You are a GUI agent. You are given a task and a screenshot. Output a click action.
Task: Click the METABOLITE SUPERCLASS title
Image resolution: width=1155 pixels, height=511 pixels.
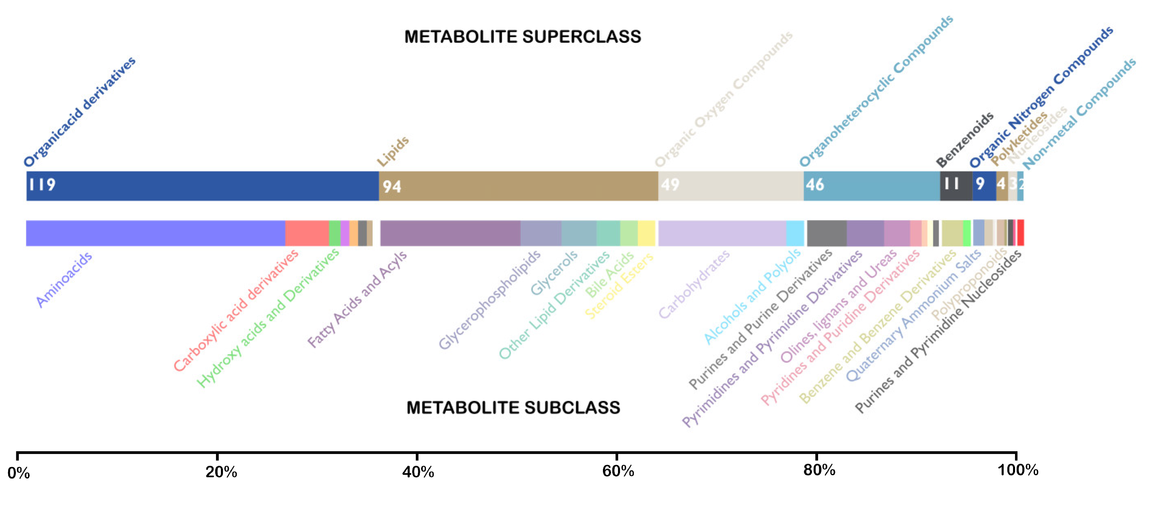tap(522, 37)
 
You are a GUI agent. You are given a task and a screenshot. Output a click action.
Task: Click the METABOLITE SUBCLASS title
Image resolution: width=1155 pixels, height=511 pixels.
tap(513, 407)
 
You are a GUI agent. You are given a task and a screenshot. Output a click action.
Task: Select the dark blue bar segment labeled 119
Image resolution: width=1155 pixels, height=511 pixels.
tap(202, 186)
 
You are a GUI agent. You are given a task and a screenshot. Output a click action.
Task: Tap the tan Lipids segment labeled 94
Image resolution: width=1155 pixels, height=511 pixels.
tap(518, 186)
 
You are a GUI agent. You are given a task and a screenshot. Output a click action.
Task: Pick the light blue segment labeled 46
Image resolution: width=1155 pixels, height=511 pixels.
tap(871, 186)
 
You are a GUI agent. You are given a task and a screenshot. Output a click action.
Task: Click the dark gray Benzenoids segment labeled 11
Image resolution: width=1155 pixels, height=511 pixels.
tap(956, 186)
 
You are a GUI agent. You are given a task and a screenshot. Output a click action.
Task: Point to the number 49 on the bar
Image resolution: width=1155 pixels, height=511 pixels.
tap(670, 185)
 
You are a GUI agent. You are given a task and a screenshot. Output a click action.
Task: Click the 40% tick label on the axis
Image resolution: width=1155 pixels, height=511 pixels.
tap(418, 472)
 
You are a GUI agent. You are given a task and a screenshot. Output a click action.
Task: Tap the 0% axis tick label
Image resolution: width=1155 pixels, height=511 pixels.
tap(18, 473)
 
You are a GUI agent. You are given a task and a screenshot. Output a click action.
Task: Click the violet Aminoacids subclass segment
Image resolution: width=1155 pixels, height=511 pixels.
tap(155, 233)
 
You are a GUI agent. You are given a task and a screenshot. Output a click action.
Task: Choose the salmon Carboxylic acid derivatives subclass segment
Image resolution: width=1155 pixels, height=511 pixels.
tap(307, 233)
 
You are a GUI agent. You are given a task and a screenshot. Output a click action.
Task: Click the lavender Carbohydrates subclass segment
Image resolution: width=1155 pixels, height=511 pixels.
tap(721, 233)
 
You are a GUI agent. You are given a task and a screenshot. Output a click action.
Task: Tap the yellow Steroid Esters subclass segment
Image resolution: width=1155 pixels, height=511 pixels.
tap(646, 233)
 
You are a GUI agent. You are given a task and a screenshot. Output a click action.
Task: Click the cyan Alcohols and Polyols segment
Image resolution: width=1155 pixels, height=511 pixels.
tap(795, 233)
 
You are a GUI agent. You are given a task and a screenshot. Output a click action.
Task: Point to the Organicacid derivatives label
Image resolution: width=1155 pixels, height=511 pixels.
tap(79, 112)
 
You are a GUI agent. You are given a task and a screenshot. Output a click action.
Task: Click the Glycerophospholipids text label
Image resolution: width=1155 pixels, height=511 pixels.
tap(489, 299)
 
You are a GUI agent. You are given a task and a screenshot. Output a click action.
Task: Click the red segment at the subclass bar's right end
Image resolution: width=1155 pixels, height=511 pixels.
tap(1020, 233)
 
